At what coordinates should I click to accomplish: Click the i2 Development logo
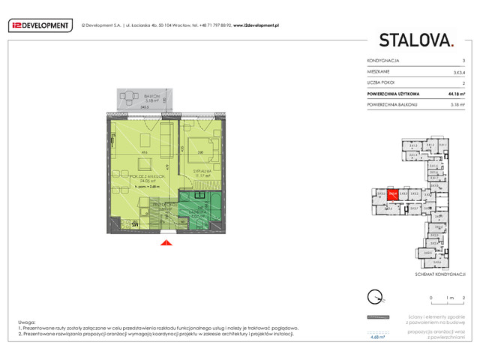[40, 25]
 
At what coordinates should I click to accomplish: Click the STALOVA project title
[416, 40]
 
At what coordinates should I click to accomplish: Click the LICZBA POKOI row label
[382, 82]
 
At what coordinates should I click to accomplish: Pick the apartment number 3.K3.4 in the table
[457, 71]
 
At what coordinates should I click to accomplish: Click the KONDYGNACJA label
[383, 60]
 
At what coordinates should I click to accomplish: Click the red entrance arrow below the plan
[166, 242]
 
